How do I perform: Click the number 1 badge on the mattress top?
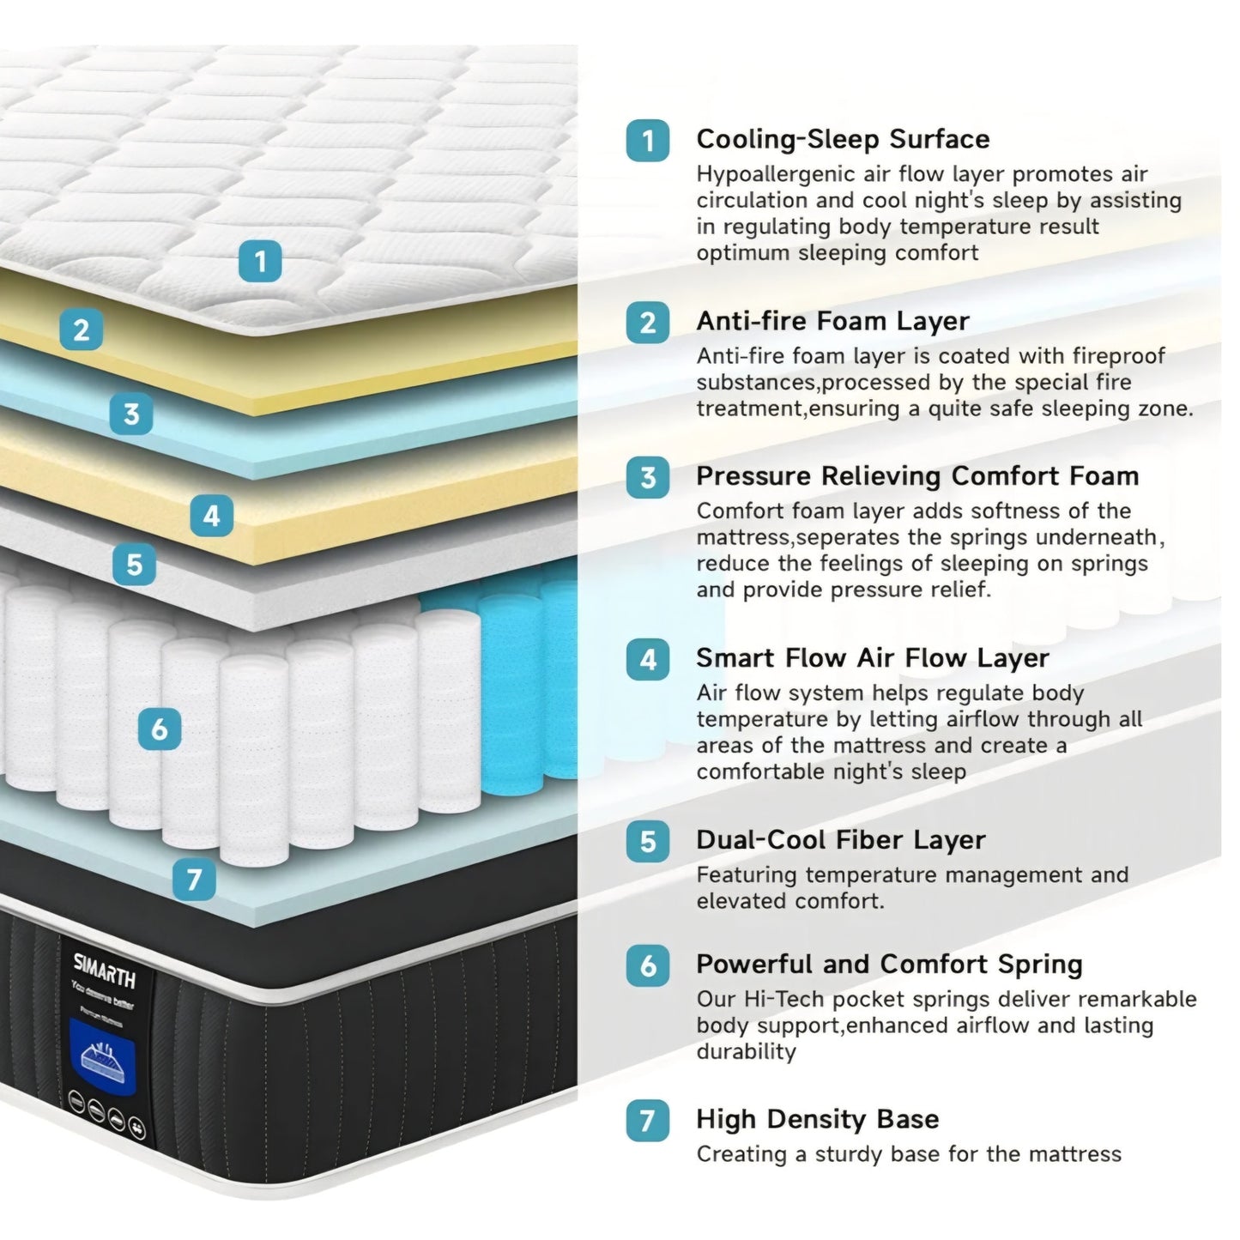[x=260, y=260]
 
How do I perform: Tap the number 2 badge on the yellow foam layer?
[x=82, y=330]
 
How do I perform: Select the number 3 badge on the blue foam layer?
[x=131, y=414]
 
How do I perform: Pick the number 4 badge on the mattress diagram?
[x=211, y=516]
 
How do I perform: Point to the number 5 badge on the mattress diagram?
[x=135, y=564]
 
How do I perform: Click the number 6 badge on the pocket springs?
[x=160, y=729]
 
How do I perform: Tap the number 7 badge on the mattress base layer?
[x=194, y=879]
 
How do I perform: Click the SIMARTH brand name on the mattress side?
[x=104, y=969]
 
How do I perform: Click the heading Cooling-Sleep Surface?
[x=843, y=139]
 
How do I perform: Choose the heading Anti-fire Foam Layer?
[x=832, y=321]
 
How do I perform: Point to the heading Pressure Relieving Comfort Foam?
[x=917, y=476]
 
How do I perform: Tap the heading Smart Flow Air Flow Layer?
[x=872, y=658]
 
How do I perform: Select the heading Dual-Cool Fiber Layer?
[x=840, y=840]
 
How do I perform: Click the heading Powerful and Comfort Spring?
[x=888, y=965]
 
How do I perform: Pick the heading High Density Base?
[x=817, y=1119]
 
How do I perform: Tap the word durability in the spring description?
[x=746, y=1051]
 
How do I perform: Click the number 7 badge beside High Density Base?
[x=648, y=1120]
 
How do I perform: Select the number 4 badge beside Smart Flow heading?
[x=648, y=659]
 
